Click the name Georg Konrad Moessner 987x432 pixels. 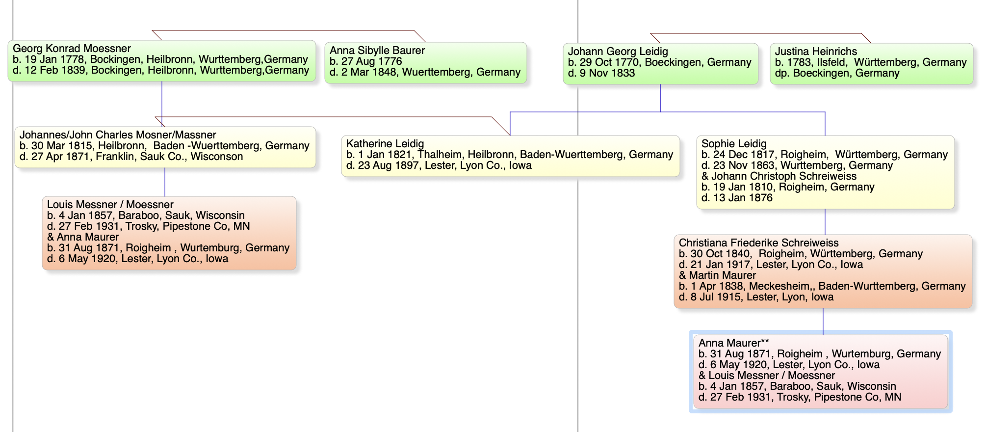72,49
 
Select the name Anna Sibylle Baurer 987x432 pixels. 377,51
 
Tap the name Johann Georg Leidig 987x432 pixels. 618,52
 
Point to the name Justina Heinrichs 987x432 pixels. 816,52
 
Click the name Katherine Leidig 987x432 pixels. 385,144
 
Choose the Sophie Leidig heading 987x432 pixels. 734,144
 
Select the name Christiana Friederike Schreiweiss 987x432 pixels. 759,243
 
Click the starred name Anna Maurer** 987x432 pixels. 733,343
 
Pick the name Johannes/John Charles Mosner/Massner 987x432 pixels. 118,135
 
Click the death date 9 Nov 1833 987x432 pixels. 607,73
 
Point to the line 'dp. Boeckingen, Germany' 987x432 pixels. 837,73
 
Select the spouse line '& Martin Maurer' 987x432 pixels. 717,275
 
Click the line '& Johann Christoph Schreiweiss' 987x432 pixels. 779,176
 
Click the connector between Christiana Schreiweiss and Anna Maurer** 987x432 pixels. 823,322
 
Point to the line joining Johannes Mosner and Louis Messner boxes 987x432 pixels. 165,182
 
